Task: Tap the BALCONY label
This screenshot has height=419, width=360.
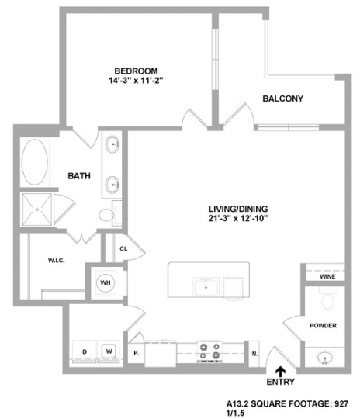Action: [x=282, y=99]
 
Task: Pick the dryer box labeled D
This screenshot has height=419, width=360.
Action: [x=83, y=351]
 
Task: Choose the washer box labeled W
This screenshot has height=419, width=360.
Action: [x=109, y=351]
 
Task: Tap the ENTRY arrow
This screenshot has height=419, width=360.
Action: [x=279, y=371]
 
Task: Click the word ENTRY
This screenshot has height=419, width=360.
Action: [x=279, y=383]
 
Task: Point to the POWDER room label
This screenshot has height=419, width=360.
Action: [x=323, y=325]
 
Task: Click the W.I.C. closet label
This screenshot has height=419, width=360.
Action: [x=44, y=261]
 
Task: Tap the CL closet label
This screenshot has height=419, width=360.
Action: [x=123, y=249]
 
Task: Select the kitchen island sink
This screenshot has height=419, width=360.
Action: [x=206, y=286]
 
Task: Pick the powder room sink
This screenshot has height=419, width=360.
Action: [x=323, y=358]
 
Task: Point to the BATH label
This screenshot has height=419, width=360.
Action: [x=79, y=176]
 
